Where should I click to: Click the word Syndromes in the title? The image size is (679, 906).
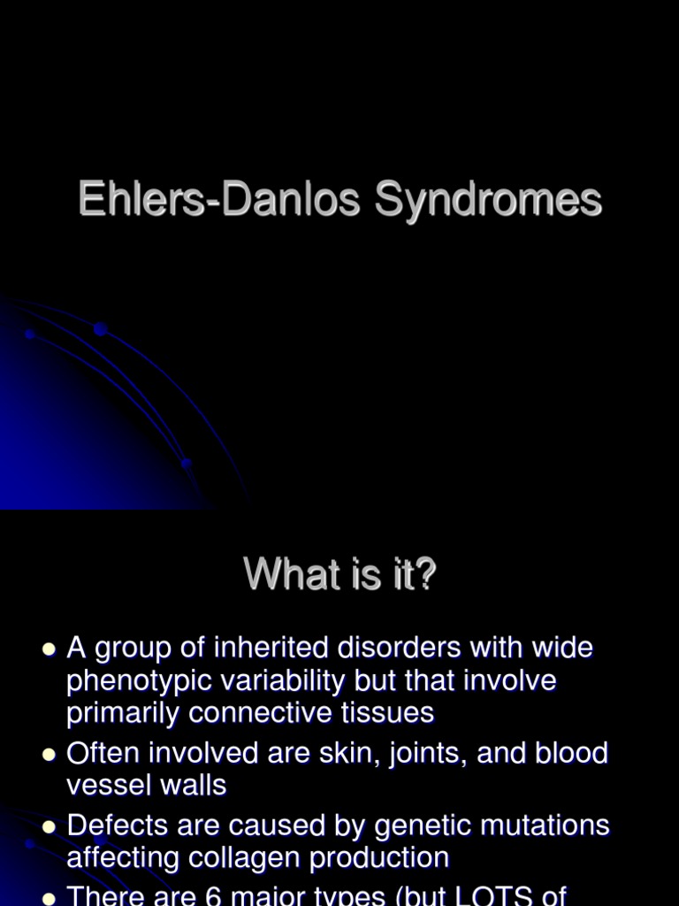pos(488,200)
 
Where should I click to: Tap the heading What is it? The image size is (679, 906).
pos(340,575)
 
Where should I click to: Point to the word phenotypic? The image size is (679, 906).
pos(140,681)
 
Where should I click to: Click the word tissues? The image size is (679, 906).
pos(390,712)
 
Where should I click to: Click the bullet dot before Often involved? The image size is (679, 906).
pos(50,754)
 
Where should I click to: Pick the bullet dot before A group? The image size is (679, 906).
pos(50,649)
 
